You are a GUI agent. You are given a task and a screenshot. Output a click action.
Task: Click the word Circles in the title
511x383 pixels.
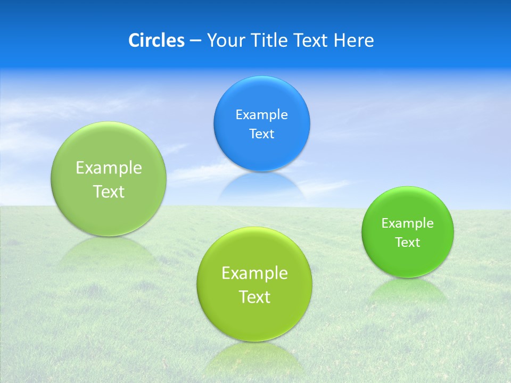pyautogui.click(x=156, y=40)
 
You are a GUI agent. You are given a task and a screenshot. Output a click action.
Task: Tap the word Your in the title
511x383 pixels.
pyautogui.click(x=225, y=40)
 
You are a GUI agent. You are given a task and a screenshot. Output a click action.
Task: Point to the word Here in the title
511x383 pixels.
pyautogui.click(x=354, y=40)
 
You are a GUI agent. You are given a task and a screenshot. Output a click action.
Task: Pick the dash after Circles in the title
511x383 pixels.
pyautogui.click(x=195, y=41)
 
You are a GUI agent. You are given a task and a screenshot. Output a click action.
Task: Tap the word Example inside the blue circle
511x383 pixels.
pyautogui.click(x=261, y=114)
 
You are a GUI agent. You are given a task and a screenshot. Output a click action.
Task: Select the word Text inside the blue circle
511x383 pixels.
pyautogui.click(x=261, y=134)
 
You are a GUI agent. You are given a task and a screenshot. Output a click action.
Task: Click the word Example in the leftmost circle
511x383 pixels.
pyautogui.click(x=109, y=168)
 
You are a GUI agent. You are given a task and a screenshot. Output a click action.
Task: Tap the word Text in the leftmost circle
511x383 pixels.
pyautogui.click(x=109, y=191)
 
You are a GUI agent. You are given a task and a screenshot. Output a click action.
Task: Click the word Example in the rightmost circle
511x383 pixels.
pyautogui.click(x=407, y=223)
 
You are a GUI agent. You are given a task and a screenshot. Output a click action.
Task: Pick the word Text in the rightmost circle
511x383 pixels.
pyautogui.click(x=407, y=242)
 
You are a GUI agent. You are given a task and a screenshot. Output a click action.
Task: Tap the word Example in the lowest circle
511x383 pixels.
pyautogui.click(x=254, y=273)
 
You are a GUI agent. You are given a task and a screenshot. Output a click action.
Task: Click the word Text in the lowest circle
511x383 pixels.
pyautogui.click(x=254, y=297)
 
